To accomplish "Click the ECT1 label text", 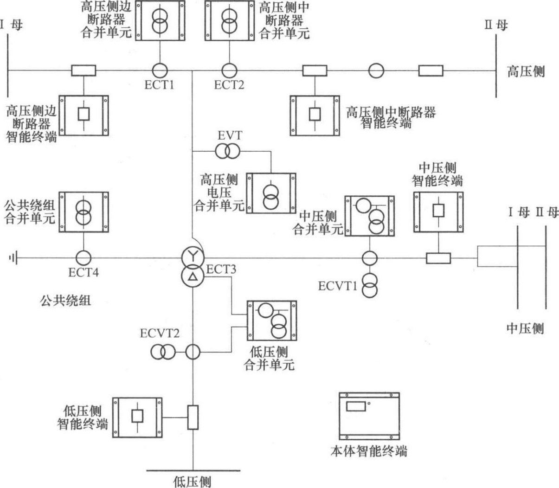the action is (x=159, y=85).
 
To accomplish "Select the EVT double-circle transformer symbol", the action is (x=228, y=151).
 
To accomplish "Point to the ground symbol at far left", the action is (x=13, y=257).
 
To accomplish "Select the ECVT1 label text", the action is (x=338, y=286).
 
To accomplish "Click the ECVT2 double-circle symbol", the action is (x=162, y=352).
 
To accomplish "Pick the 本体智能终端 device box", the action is (x=369, y=416).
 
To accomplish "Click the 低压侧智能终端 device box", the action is (x=137, y=417).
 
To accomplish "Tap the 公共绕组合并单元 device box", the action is (x=84, y=212).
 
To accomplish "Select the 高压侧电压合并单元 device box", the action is (x=271, y=193).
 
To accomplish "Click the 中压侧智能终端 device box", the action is (x=438, y=212).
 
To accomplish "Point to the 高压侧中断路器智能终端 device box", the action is (x=315, y=116).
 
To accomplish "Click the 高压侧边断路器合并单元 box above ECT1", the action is (x=160, y=20).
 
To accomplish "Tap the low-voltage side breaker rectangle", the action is (x=193, y=417).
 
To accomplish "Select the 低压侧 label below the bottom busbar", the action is (x=193, y=482).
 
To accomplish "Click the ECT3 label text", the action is (x=221, y=270).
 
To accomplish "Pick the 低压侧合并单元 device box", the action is (x=272, y=321).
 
